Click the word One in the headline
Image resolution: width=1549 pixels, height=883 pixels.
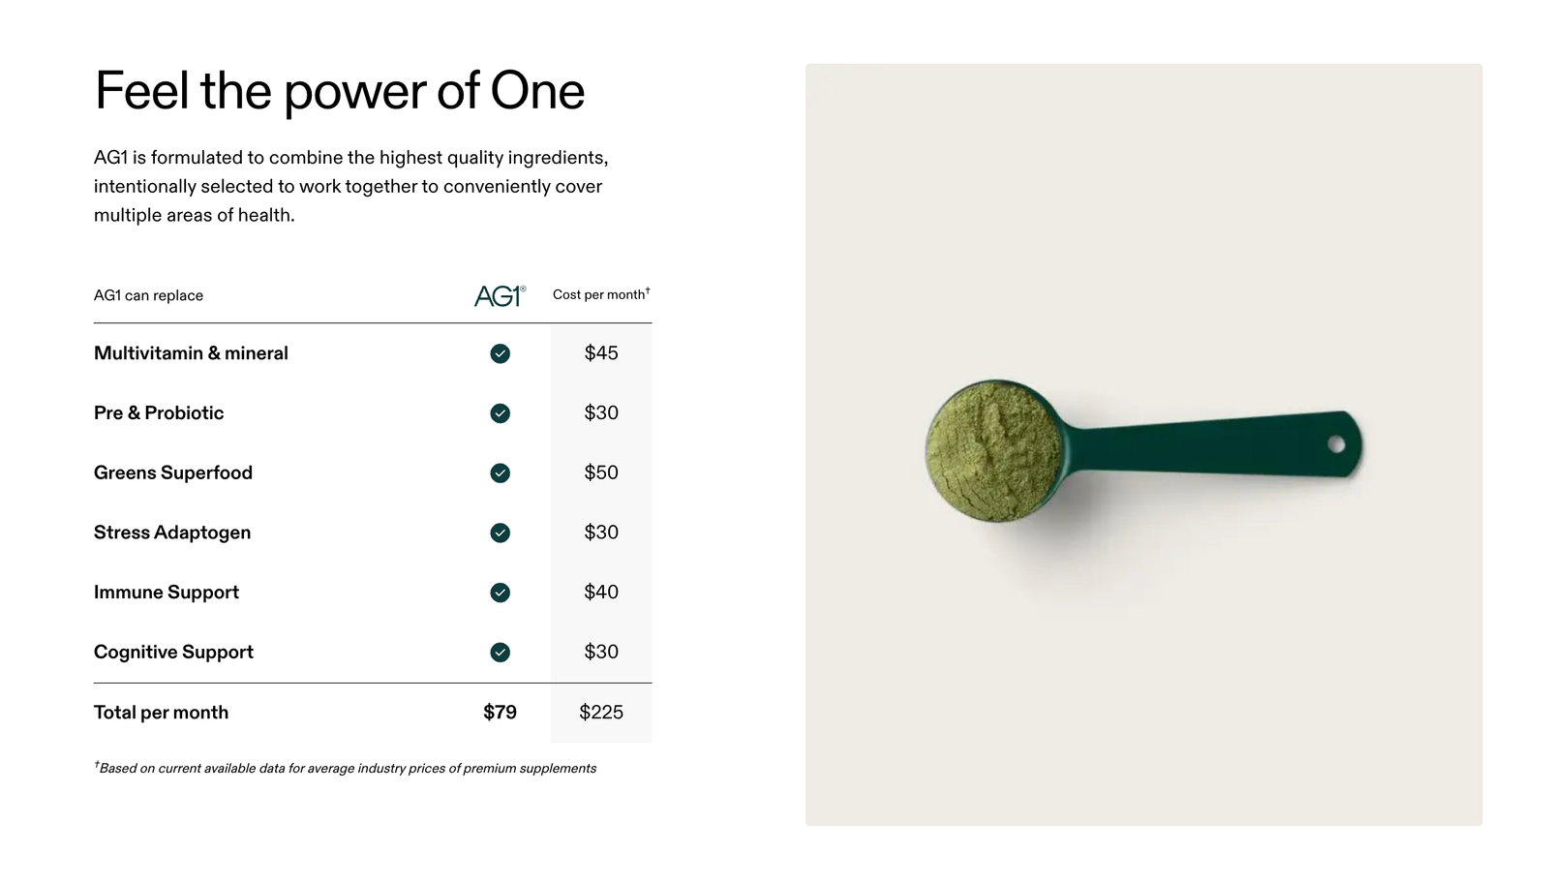(x=537, y=91)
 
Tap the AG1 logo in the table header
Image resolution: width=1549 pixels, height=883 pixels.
(x=500, y=295)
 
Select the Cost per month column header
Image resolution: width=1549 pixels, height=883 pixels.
(x=601, y=294)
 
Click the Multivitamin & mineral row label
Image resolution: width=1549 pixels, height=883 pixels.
(x=191, y=353)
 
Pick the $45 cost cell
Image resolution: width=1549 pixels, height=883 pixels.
(x=601, y=352)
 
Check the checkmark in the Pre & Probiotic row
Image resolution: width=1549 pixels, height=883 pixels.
(x=500, y=412)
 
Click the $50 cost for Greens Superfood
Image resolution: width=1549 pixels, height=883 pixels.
(x=601, y=472)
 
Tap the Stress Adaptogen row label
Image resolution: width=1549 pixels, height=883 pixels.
(x=172, y=533)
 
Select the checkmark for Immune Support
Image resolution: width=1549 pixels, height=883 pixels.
(x=500, y=593)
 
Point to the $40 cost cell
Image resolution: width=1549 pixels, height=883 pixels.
(x=601, y=592)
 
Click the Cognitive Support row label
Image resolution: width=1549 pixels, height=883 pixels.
(x=173, y=652)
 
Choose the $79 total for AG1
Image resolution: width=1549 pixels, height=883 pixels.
(x=500, y=713)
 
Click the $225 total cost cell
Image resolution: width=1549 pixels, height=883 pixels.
(x=601, y=713)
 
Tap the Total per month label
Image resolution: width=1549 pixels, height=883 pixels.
(x=161, y=713)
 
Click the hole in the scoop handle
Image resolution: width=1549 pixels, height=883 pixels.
(x=1336, y=444)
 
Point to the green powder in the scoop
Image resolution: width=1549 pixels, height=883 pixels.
(x=993, y=450)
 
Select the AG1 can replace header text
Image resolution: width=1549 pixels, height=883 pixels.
(x=149, y=295)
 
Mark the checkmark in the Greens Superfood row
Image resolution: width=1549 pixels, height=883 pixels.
(x=500, y=472)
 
